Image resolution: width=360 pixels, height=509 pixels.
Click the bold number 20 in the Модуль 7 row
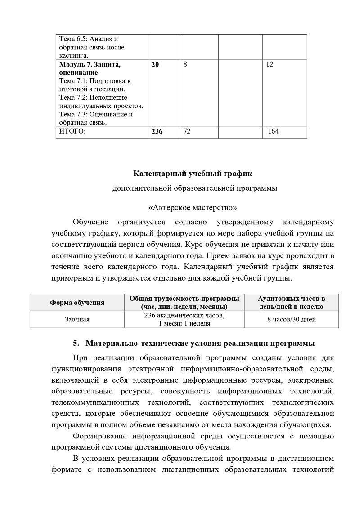pos(155,64)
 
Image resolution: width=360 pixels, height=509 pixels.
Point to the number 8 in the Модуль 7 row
pos(185,64)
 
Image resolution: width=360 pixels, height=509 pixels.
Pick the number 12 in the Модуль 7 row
pos(270,64)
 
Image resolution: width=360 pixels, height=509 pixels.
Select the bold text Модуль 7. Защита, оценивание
pos(90,68)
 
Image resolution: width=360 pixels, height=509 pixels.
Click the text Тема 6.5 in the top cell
pos(74,39)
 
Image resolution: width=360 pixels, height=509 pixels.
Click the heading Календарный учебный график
pos(194,173)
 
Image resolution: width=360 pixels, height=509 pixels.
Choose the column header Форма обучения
pos(77,303)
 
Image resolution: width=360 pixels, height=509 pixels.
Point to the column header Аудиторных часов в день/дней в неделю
pos(291,303)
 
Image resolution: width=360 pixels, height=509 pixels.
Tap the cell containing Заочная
pos(77,320)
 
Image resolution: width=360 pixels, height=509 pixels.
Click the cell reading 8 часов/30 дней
pos(291,320)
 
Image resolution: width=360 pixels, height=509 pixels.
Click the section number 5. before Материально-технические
pos(76,343)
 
